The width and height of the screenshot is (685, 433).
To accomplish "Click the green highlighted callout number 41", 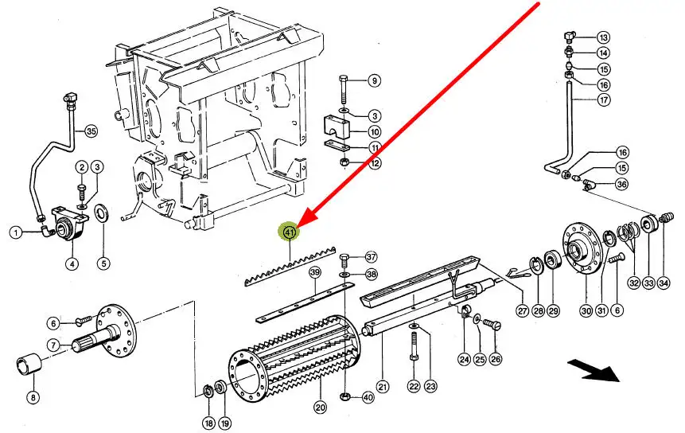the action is (x=290, y=232).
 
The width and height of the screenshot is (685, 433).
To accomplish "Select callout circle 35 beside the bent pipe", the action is (x=91, y=131).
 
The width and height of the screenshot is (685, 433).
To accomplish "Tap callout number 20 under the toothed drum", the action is (x=320, y=408).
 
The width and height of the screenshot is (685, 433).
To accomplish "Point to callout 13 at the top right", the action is (x=603, y=37).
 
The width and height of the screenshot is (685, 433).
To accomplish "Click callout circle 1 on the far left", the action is (x=16, y=232).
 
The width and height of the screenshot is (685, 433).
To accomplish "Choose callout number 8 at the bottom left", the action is (x=33, y=397).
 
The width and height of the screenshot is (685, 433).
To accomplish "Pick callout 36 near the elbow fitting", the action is (x=621, y=184).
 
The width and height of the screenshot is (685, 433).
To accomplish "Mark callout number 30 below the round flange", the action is (x=586, y=310).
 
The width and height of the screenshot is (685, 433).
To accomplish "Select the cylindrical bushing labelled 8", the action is (x=29, y=364).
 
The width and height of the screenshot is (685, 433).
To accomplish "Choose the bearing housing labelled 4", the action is (x=67, y=224).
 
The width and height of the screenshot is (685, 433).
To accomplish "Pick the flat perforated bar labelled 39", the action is (x=305, y=302).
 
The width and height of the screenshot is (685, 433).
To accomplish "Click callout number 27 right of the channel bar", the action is (x=523, y=310).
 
